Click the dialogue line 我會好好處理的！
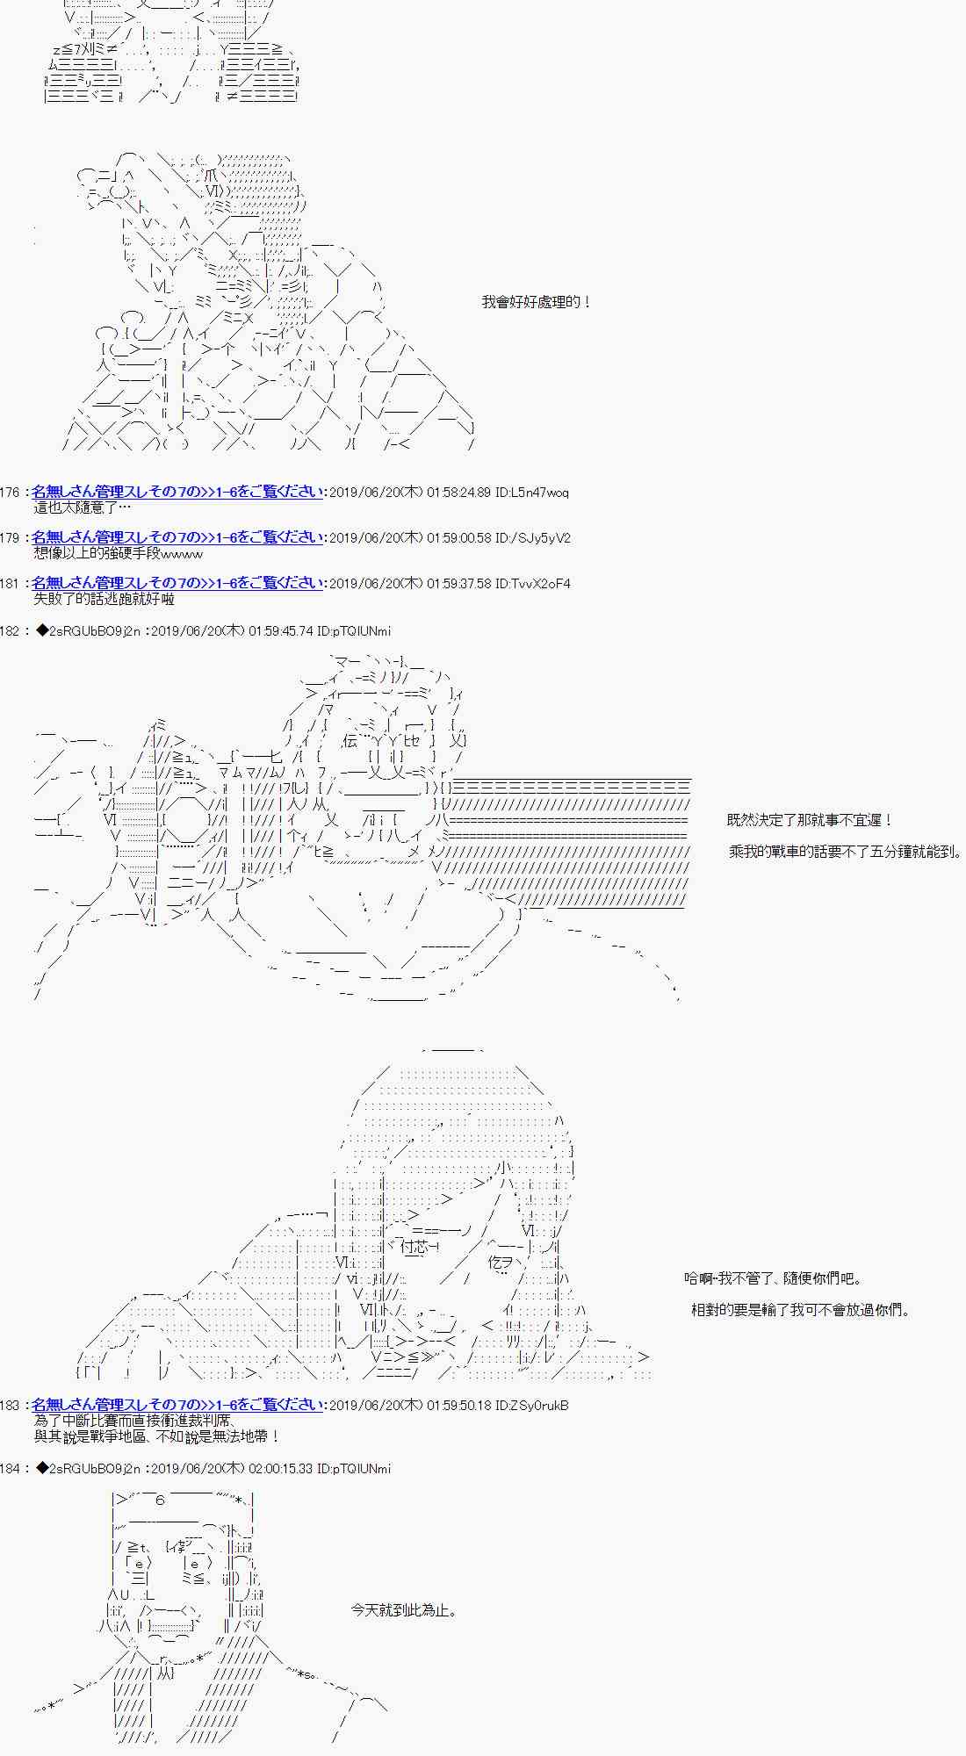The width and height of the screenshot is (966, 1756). pos(537,302)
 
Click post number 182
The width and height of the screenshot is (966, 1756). pos(11,631)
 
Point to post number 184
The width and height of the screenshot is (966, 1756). pos(11,1469)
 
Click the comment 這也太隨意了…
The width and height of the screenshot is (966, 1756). pos(83,507)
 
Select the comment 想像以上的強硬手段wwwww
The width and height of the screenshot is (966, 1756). pos(119,553)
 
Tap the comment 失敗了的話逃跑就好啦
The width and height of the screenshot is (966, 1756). pos(104,599)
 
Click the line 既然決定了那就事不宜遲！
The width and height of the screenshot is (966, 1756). pos(810,820)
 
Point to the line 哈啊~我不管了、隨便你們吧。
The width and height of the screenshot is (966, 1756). pos(774,1278)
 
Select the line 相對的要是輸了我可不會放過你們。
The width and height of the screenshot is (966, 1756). pos(801,1310)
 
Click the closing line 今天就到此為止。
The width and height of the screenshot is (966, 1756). pos(403,1610)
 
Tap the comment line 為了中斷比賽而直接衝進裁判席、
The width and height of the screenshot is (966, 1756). pos(134,1421)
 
